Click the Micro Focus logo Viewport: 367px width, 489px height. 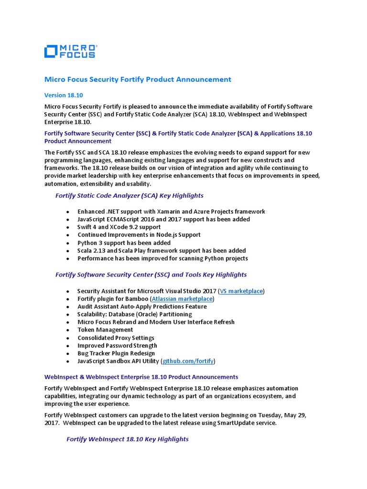70,51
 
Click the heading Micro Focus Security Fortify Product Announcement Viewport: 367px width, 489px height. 138,80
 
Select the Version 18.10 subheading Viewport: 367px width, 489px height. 64,95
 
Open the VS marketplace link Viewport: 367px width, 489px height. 241,291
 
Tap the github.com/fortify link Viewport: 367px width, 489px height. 188,361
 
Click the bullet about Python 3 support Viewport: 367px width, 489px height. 124,243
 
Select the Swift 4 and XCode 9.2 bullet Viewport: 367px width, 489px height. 119,227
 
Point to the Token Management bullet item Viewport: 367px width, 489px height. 105,330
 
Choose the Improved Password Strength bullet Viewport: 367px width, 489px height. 117,345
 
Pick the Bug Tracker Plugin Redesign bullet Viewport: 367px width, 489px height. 116,353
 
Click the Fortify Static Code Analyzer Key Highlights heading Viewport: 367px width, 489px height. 129,195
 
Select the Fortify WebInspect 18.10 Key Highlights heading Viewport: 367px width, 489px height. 127,439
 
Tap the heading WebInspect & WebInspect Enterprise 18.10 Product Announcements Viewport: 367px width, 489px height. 141,377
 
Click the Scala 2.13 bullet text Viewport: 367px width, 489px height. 162,251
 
